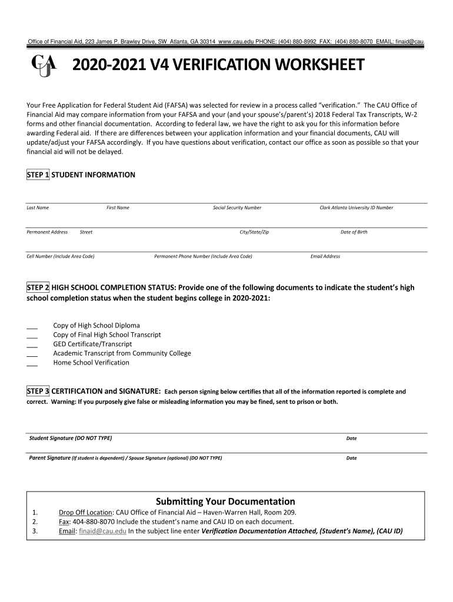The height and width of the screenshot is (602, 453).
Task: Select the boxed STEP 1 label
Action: coord(38,175)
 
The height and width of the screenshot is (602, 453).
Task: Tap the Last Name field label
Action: coord(38,208)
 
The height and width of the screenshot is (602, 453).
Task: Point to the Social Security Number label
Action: coord(237,208)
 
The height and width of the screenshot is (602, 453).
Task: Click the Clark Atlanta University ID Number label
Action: coord(356,208)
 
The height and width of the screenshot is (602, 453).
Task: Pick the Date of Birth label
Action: coord(354,232)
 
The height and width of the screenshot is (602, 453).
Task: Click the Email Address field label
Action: coord(325,256)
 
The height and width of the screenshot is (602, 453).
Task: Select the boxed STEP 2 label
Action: coord(38,287)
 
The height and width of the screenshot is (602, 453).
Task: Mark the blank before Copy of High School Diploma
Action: coord(32,326)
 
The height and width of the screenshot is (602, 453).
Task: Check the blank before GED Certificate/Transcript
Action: coord(32,345)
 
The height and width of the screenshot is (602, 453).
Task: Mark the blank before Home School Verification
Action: coord(32,364)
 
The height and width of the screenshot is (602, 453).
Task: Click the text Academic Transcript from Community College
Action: coord(122,353)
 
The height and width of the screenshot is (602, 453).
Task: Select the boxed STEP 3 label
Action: coord(38,391)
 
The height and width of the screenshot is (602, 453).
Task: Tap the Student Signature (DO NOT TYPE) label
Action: coord(71,438)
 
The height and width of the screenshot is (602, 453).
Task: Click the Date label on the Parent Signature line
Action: coord(351,458)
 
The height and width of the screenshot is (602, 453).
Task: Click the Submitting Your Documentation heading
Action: coord(225,501)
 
